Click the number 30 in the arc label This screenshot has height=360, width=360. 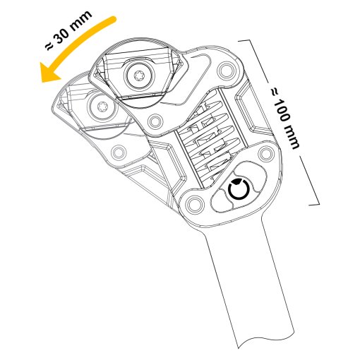62,35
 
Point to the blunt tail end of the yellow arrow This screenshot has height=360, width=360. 113,19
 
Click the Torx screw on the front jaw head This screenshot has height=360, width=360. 138,76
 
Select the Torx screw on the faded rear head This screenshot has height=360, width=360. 102,108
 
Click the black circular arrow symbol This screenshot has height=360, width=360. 239,189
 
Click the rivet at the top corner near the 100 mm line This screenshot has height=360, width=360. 225,69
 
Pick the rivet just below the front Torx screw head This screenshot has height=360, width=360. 155,121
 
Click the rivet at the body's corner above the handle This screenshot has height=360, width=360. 193,203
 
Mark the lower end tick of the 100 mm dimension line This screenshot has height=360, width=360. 314,204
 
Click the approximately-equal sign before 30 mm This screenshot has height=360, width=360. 49,47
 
